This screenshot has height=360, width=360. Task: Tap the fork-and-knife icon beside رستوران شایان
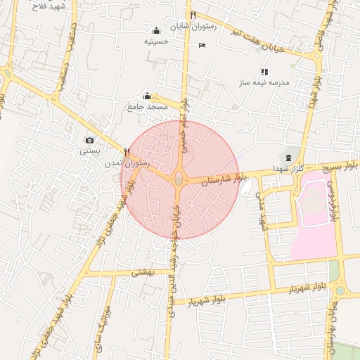click(x=192, y=15)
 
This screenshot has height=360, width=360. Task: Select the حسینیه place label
click(x=157, y=41)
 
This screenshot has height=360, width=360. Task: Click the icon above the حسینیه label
click(x=156, y=30)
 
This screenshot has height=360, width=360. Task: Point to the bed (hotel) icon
click(x=202, y=46)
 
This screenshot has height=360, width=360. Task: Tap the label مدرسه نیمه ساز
click(x=265, y=83)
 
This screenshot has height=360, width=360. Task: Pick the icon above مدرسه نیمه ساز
click(x=264, y=72)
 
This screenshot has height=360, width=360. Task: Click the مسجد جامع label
click(x=147, y=106)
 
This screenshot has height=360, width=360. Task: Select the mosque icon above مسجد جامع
click(x=147, y=96)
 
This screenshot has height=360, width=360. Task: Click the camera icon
click(x=89, y=141)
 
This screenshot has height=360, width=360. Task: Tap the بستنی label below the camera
click(x=89, y=151)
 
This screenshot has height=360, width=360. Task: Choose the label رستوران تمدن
click(x=127, y=162)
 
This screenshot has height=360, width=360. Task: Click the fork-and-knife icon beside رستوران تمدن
click(x=127, y=151)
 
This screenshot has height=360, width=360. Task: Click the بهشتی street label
click(x=143, y=271)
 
